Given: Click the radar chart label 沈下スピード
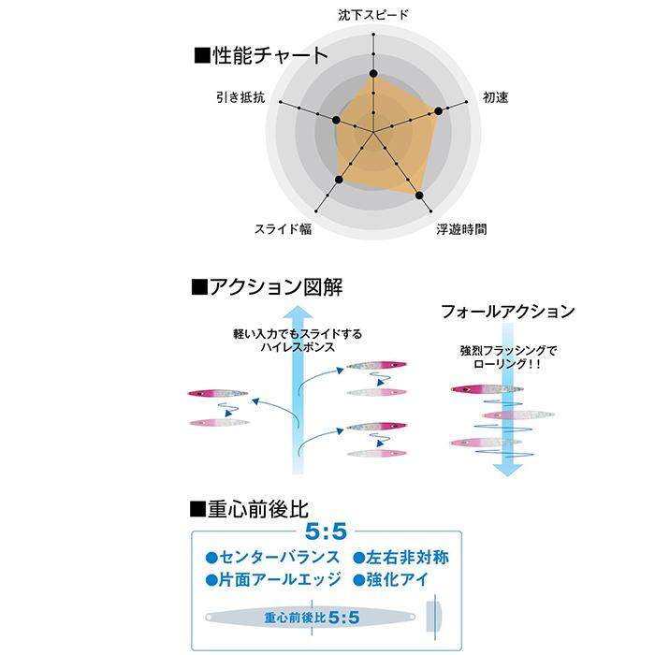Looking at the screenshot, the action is [373, 15].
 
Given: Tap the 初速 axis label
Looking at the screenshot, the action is [495, 97].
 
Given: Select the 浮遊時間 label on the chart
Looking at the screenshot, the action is [461, 229].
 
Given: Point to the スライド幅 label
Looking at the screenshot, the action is [284, 229].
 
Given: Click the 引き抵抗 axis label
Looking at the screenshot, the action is [240, 97].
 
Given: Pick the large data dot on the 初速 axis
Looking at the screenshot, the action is [438, 111].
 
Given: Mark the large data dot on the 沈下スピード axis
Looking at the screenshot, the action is [373, 74].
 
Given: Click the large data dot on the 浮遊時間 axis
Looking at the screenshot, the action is [419, 196].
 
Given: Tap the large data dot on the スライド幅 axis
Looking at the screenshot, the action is [339, 180].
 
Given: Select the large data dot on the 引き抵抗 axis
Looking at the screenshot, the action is [336, 120].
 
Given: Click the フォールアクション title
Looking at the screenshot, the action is [508, 312].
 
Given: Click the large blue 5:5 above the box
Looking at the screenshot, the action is [326, 531].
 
